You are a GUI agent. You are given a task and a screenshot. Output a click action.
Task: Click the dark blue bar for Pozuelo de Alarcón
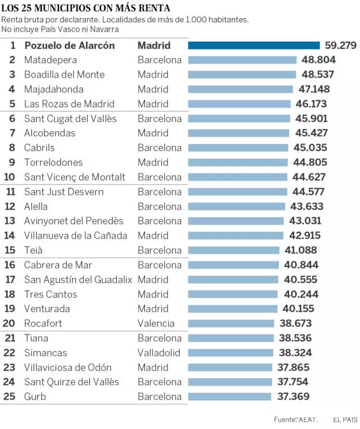(x=254, y=45)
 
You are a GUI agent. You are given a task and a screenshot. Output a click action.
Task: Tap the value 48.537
(x=318, y=74)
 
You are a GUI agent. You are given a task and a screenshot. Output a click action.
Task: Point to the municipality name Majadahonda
(x=53, y=89)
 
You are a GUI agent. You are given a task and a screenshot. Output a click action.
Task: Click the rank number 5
(x=12, y=104)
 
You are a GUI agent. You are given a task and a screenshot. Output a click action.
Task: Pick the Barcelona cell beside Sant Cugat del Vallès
(x=159, y=118)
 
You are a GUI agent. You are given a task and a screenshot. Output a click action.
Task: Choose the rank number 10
(x=11, y=177)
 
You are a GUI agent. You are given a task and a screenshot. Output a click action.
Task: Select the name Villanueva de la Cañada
(x=75, y=235)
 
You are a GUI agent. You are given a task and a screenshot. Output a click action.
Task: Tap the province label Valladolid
(x=159, y=352)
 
